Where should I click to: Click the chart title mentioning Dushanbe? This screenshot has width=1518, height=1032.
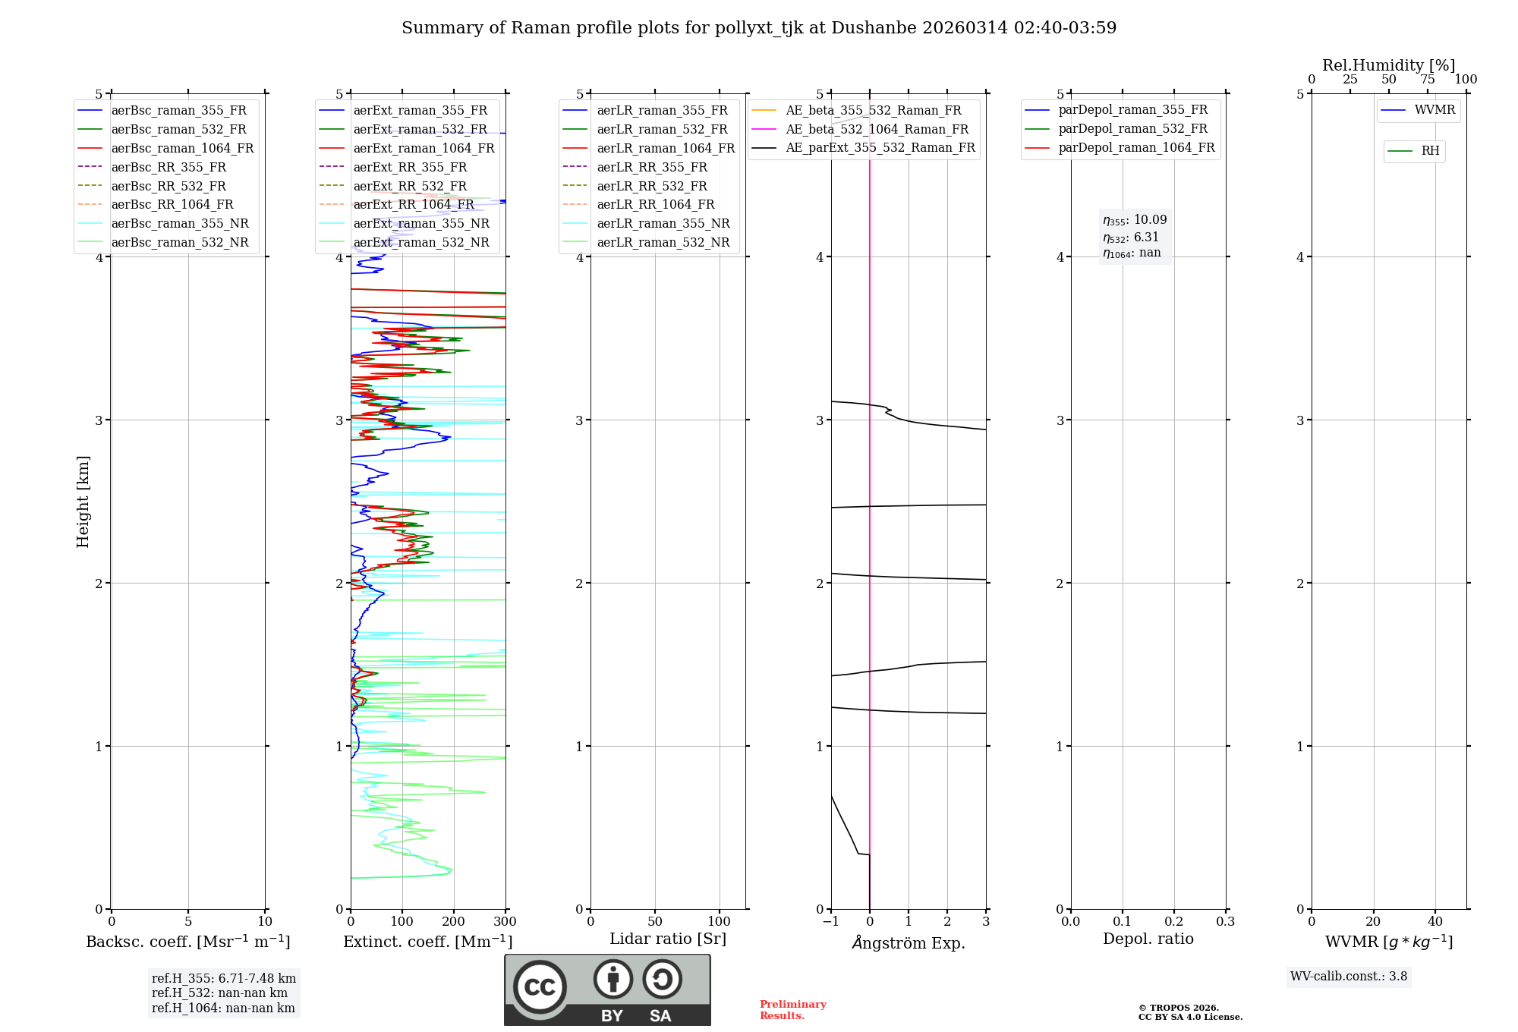click(x=759, y=28)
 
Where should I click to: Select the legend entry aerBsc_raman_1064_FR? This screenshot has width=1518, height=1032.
click(x=182, y=149)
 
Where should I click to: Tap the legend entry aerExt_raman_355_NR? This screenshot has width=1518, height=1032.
click(x=421, y=224)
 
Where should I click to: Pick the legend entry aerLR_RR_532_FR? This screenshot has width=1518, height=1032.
click(x=652, y=186)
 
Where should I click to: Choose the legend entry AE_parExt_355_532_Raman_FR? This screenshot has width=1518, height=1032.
click(x=880, y=148)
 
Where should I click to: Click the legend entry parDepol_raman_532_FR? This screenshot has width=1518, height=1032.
click(x=1132, y=129)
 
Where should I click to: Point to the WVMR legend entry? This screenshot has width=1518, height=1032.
click(x=1435, y=111)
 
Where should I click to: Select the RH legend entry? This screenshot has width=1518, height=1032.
click(x=1430, y=151)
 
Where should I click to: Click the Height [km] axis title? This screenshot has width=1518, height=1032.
click(x=83, y=502)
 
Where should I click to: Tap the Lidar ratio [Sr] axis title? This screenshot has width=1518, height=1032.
click(x=668, y=939)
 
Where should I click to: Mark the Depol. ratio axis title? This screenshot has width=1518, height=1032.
click(x=1148, y=939)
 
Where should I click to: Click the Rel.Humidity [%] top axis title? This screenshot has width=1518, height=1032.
click(x=1388, y=65)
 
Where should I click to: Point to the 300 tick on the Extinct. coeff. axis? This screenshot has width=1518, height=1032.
click(x=505, y=922)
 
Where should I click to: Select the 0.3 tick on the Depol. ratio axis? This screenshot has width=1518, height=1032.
click(x=1225, y=922)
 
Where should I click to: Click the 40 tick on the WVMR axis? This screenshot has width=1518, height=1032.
click(x=1435, y=922)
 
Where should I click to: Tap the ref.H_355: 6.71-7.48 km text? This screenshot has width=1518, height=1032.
click(x=224, y=979)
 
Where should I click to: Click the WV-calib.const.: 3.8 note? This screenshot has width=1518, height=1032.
click(x=1349, y=977)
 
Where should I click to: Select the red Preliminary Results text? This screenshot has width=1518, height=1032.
click(x=792, y=1010)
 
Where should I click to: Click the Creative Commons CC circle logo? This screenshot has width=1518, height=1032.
click(x=540, y=987)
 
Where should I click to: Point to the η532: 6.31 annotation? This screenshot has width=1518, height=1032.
click(x=1131, y=238)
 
